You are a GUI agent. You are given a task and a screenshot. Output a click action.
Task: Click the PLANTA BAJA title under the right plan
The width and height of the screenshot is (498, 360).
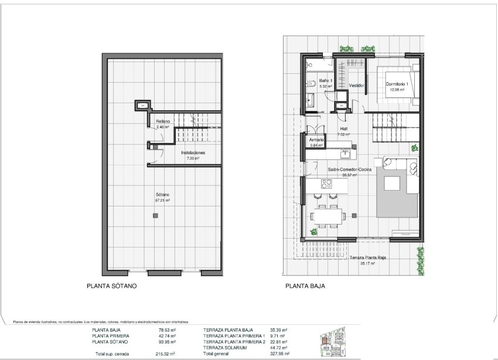tap(305, 287)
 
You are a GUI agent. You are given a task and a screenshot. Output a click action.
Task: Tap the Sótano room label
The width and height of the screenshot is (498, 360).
tap(162, 197)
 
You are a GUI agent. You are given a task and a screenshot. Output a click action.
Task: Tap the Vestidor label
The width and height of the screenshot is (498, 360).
tap(357, 86)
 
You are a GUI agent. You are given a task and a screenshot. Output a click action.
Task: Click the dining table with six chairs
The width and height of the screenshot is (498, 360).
tap(327, 215)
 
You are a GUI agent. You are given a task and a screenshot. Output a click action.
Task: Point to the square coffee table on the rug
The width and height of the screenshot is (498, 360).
tap(391, 184)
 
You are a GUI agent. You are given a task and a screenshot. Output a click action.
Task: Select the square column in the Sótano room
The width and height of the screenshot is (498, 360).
tap(155, 216)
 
